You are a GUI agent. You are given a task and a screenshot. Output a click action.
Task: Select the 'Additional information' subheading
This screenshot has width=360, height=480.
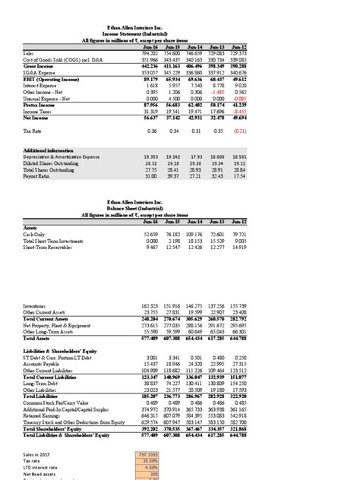point(55,150)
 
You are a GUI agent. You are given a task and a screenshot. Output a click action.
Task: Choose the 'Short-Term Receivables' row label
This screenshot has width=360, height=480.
point(51,248)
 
